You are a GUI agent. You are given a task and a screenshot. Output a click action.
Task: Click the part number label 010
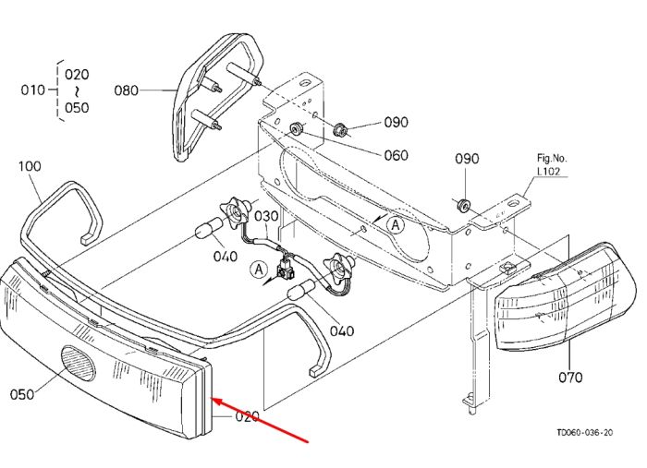pyautogui.click(x=32, y=90)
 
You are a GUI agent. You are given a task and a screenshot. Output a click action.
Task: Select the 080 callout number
pyautogui.click(x=127, y=90)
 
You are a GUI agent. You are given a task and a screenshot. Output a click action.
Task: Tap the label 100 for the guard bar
pyautogui.click(x=30, y=166)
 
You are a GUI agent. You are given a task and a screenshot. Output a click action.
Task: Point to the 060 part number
pyautogui.click(x=397, y=155)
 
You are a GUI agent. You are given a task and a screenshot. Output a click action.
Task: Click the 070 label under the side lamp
pyautogui.click(x=570, y=377)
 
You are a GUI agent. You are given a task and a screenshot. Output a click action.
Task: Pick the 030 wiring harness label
pyautogui.click(x=266, y=216)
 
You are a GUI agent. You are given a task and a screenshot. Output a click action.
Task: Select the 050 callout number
pyautogui.click(x=22, y=395)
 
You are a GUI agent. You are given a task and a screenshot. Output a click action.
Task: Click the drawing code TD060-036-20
pyautogui.click(x=585, y=432)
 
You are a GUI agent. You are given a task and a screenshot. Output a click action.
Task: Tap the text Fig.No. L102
pyautogui.click(x=552, y=164)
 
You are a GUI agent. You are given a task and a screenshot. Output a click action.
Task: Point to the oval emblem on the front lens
pyautogui.click(x=78, y=363)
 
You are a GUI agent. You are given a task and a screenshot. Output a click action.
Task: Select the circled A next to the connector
pyautogui.click(x=259, y=270)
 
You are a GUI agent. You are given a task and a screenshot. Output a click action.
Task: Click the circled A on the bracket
pyautogui.click(x=396, y=225)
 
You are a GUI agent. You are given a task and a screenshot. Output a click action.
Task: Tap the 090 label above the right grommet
pyautogui.click(x=467, y=159)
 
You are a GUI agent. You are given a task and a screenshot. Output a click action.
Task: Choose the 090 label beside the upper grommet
pyautogui.click(x=397, y=123)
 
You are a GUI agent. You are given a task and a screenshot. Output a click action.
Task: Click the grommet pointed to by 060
pyautogui.click(x=297, y=129)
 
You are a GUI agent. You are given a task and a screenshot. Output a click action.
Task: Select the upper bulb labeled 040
pyautogui.click(x=204, y=231)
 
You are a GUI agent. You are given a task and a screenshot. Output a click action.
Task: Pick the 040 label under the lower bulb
pyautogui.click(x=342, y=330)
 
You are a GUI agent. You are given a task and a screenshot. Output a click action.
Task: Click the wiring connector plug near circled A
pyautogui.click(x=285, y=270)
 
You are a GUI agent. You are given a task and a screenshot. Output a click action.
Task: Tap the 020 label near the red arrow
pyautogui.click(x=247, y=416)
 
